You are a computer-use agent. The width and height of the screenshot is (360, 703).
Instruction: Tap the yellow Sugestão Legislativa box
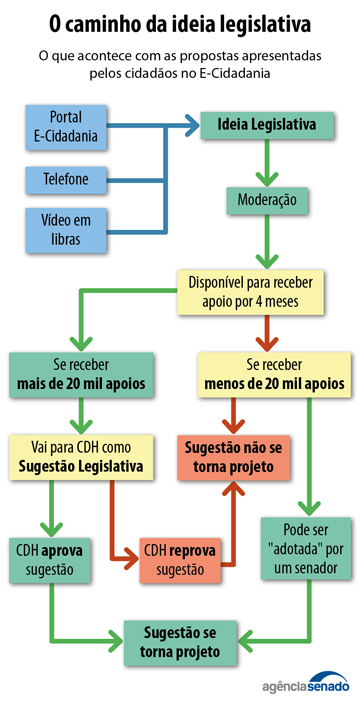[81, 456]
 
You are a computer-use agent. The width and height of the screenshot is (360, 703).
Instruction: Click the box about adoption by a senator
[309, 547]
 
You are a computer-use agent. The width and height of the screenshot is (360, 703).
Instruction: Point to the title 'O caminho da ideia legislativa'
[180, 21]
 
